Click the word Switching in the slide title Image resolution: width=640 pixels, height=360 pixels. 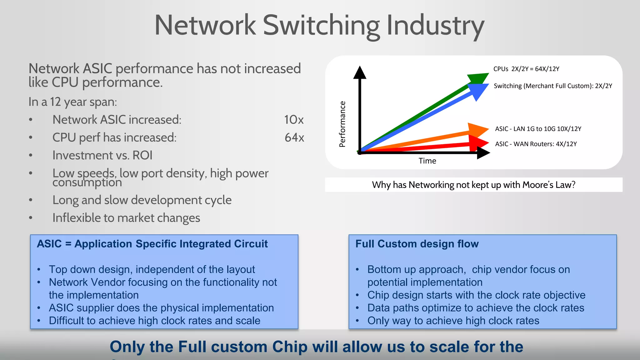point(321,26)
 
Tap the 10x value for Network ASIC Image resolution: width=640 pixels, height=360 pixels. point(293,120)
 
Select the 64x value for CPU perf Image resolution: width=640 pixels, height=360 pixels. point(294,137)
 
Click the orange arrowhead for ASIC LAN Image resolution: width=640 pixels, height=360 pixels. point(478,130)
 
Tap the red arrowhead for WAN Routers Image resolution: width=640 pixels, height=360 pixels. point(479,143)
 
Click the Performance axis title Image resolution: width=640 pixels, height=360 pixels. point(342,124)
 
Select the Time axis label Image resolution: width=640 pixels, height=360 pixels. point(427,161)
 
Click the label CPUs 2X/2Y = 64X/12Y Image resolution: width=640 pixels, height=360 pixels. point(526,69)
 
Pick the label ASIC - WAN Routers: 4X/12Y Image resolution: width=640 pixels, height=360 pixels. point(536,144)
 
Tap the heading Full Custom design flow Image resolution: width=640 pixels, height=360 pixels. point(417,244)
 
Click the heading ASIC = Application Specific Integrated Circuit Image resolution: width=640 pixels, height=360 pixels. point(152,244)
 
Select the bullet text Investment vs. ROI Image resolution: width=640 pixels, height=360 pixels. point(102,155)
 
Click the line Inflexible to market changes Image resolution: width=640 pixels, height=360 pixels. point(126,218)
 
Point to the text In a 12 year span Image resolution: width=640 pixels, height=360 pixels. point(72,102)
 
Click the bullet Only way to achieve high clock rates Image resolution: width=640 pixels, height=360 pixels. point(453,321)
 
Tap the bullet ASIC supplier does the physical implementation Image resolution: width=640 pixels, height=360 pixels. point(161,308)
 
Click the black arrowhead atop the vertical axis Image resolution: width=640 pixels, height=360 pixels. point(360,72)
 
